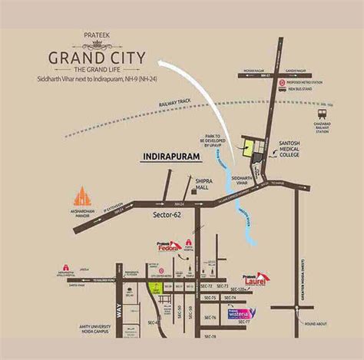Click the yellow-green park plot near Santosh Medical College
point(249,150)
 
